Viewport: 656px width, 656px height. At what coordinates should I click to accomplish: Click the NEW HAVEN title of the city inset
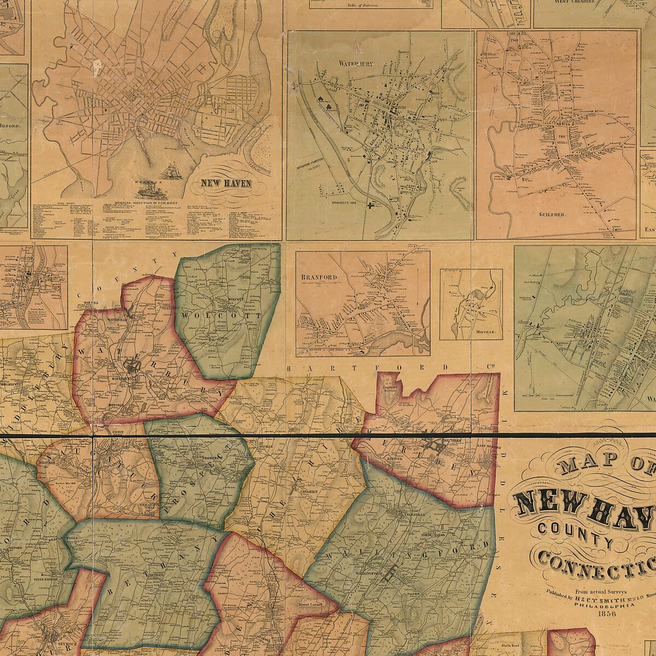226,184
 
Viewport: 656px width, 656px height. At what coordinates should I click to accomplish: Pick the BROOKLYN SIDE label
348,202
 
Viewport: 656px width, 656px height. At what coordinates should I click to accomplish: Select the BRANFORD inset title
319,277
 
